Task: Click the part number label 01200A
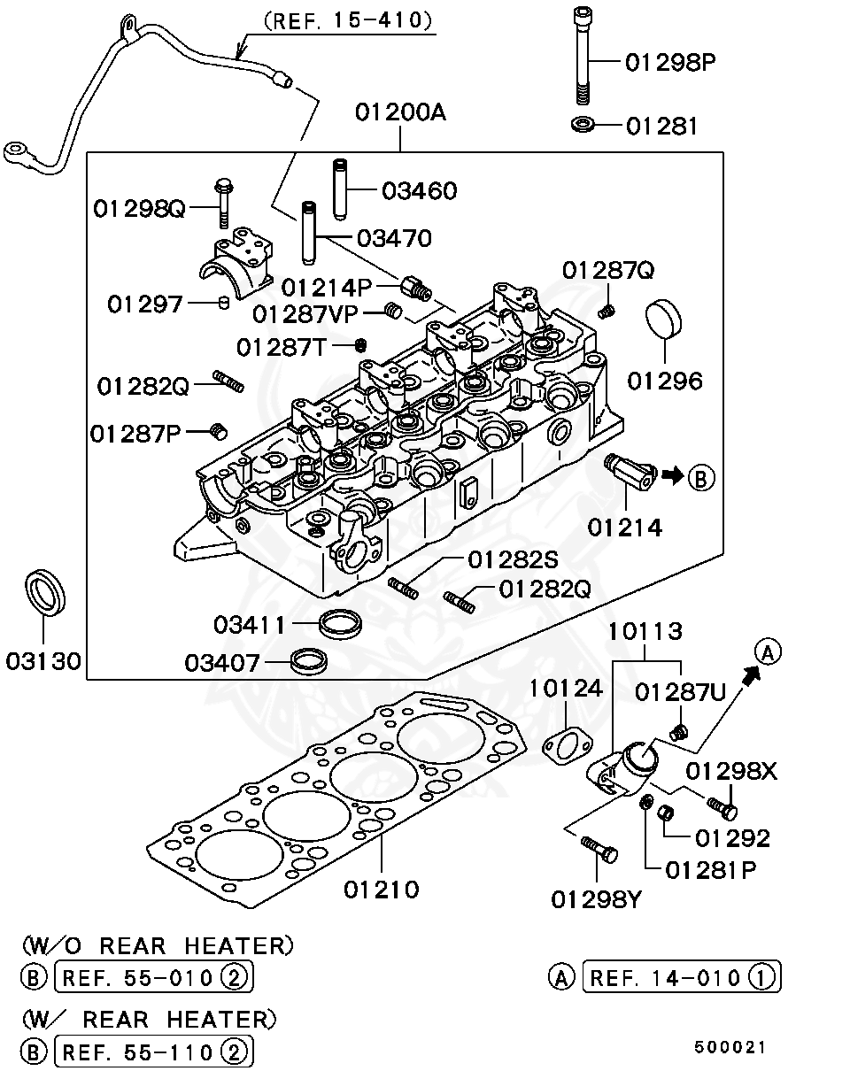(400, 113)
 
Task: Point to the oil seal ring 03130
(44, 593)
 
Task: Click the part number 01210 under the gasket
(382, 889)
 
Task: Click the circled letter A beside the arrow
(768, 653)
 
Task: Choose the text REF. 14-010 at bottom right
(665, 977)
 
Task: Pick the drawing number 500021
(730, 1047)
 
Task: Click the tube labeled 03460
(341, 187)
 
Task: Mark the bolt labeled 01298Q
(221, 204)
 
